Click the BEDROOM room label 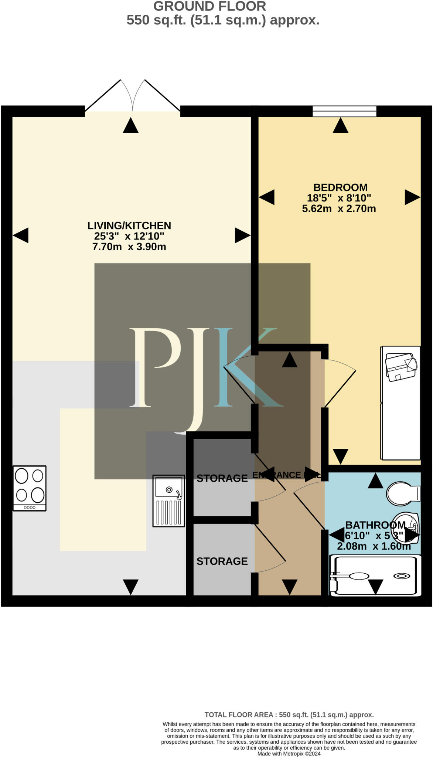coord(340,187)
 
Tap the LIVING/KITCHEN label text coord(129,225)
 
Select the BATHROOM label coord(375,525)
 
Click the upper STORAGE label coord(222,479)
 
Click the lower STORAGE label coord(222,561)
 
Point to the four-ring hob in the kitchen coord(30,488)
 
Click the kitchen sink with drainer coord(169,501)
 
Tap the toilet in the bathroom coord(403,493)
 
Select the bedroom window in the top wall coord(344,111)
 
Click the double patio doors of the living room coord(133,96)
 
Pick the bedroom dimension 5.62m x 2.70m coord(339,209)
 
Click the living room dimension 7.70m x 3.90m coord(129,247)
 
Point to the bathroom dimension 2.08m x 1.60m coord(374,546)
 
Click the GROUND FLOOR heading coord(209,6)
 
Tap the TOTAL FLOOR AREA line coord(289,715)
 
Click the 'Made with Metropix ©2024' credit coord(289,754)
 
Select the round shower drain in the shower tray coord(402,576)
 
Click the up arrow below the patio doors coord(130,125)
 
